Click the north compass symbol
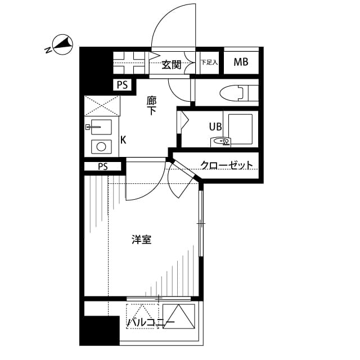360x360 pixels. [61, 46]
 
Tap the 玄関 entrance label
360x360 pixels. [172, 64]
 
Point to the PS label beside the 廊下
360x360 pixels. [122, 85]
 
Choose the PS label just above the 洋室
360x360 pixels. [102, 166]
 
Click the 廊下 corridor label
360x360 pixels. [152, 106]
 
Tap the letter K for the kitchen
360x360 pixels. [123, 139]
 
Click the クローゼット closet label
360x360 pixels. [227, 165]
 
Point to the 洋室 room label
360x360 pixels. [141, 240]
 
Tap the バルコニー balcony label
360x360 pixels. [150, 322]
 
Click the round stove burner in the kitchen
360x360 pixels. [101, 147]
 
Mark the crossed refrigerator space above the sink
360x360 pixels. [102, 106]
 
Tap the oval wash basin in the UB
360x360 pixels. [222, 142]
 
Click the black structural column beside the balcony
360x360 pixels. [99, 330]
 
